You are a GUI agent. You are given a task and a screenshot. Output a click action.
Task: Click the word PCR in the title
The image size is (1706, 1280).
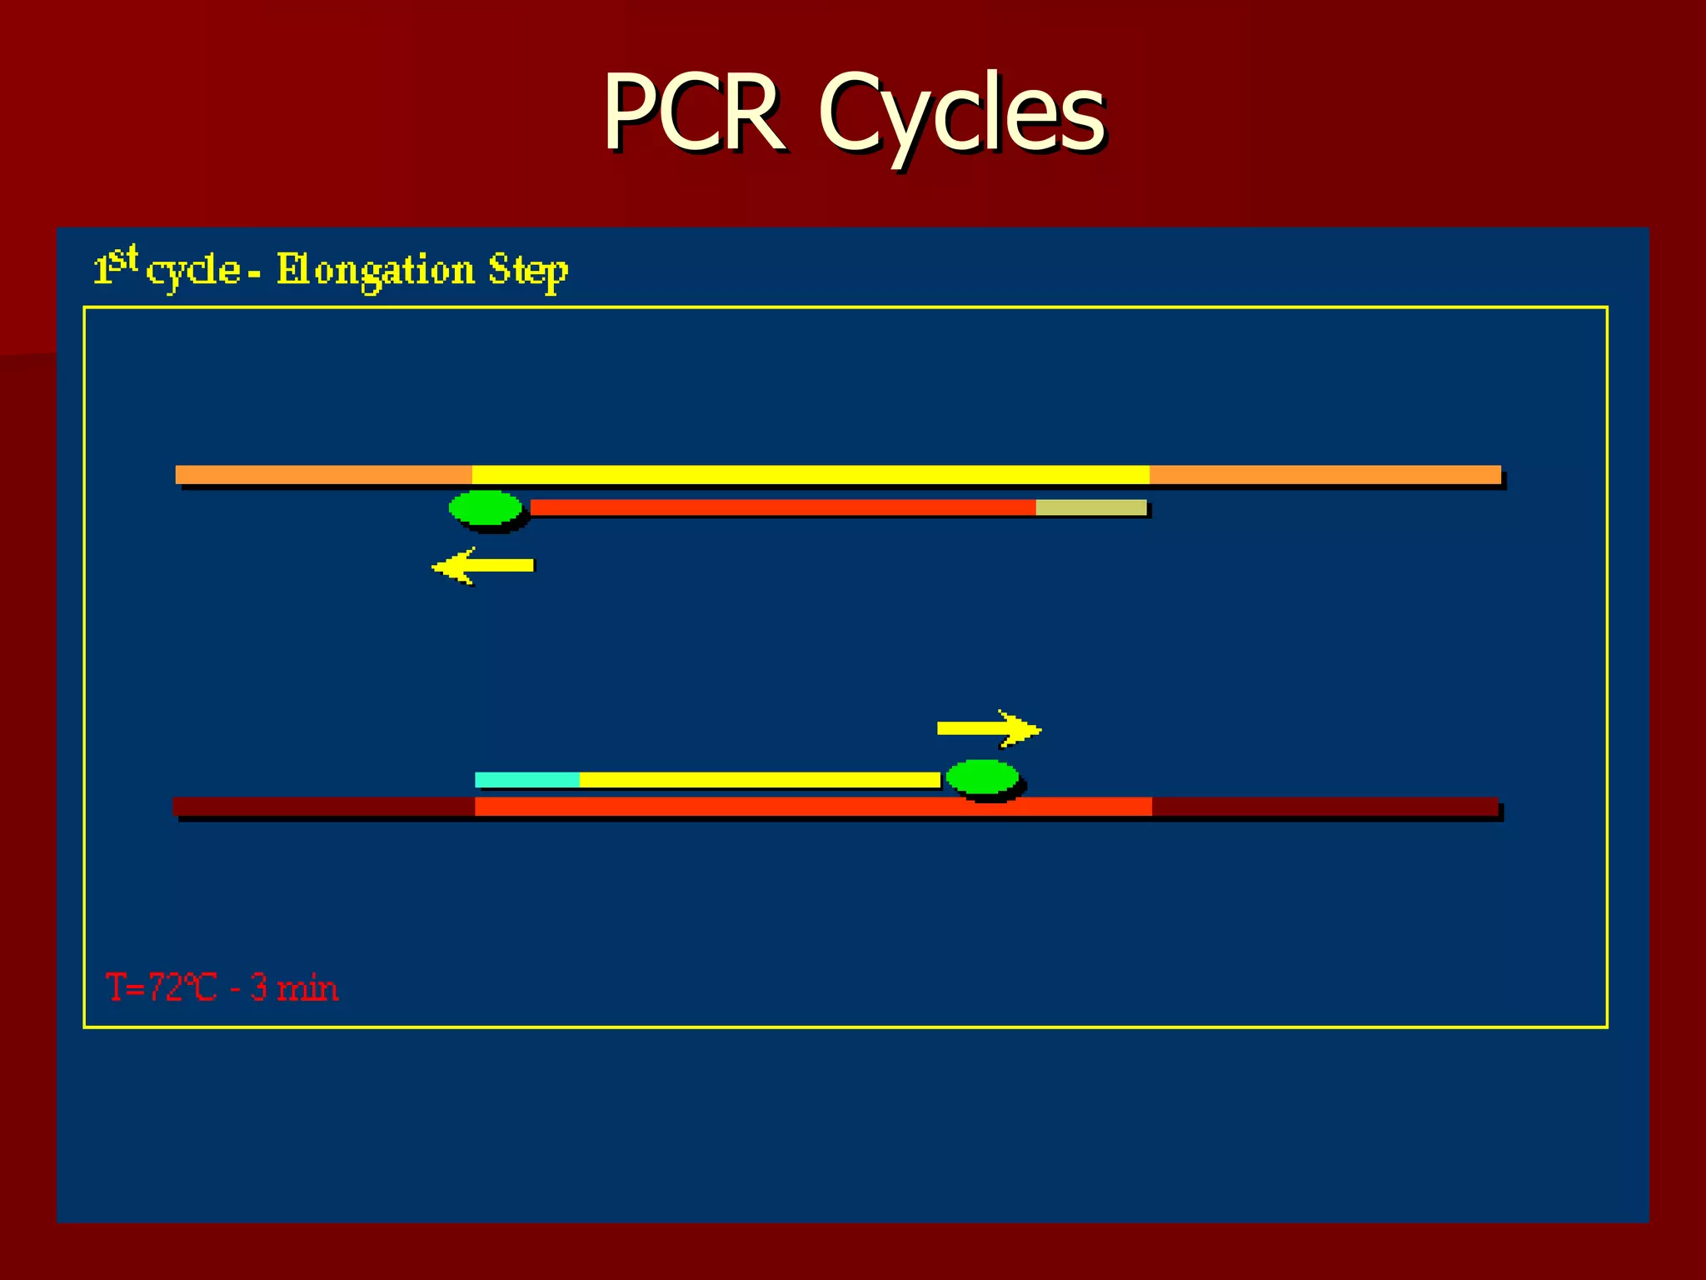[x=693, y=112]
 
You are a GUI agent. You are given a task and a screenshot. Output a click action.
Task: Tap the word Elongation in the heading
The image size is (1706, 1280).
[x=376, y=270]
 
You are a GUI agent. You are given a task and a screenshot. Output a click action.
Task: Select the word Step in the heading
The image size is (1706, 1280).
[x=528, y=270]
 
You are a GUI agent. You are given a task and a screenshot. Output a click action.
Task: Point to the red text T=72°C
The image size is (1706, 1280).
[x=161, y=987]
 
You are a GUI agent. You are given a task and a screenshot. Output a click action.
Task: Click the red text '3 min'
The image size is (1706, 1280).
[x=294, y=987]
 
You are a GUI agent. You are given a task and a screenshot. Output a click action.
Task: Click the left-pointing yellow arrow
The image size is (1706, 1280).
[x=483, y=566]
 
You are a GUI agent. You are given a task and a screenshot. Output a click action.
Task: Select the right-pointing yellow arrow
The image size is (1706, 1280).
[x=989, y=728]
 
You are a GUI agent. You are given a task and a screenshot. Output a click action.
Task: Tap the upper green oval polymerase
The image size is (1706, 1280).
[x=486, y=507]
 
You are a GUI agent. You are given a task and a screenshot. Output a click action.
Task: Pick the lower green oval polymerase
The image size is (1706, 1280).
[x=983, y=777]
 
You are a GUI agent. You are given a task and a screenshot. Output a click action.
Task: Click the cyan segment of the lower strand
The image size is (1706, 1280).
[x=527, y=780]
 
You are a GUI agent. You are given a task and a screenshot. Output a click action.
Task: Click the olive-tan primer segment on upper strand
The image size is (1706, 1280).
[x=1091, y=507]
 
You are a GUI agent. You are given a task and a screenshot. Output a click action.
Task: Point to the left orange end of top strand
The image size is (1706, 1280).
[x=323, y=475]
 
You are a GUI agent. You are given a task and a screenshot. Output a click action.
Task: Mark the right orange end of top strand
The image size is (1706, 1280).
[x=1324, y=475]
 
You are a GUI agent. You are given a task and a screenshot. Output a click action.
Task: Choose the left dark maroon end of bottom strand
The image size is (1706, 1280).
[x=323, y=807]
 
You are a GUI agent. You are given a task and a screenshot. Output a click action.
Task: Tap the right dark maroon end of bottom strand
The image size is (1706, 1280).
[x=1324, y=807]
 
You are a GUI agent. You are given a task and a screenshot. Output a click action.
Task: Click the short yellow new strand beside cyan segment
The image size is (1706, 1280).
[x=760, y=780]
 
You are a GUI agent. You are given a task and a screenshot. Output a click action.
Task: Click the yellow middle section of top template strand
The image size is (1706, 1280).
[x=811, y=475]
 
